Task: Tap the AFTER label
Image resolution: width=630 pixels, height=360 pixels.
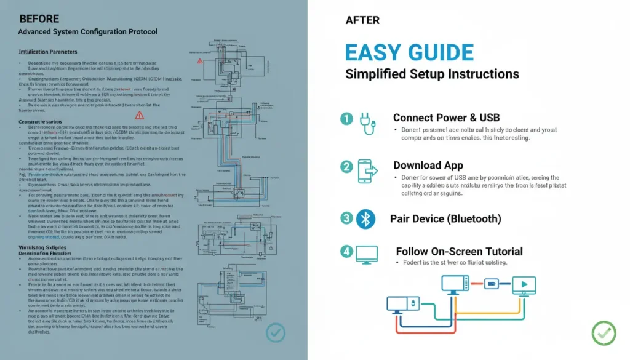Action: (362, 20)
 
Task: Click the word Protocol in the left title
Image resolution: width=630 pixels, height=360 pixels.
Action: (138, 31)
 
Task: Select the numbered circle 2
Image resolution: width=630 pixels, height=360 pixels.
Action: (347, 167)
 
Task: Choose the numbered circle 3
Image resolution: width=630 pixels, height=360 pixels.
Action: (347, 218)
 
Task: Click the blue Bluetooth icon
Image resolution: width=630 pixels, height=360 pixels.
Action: (365, 218)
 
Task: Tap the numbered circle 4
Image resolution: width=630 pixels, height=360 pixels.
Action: (347, 252)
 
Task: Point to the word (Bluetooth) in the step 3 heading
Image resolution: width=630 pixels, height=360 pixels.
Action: (474, 218)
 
